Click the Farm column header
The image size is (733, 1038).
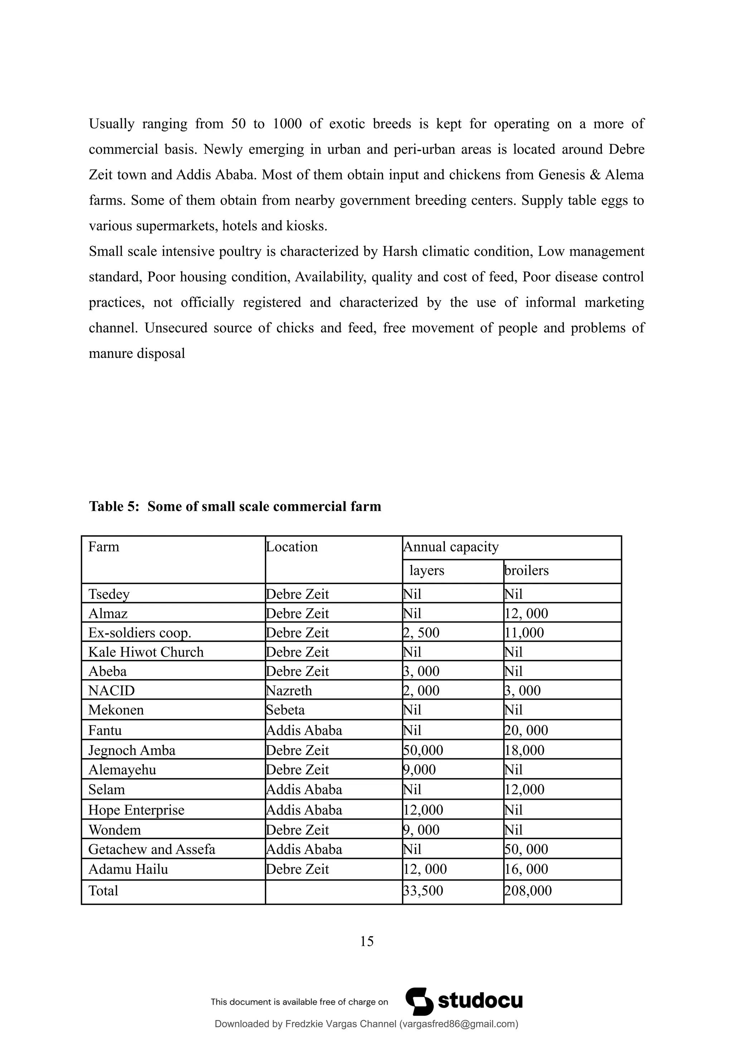point(104,547)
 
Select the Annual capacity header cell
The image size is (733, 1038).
point(451,547)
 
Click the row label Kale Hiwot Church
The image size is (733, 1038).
point(146,652)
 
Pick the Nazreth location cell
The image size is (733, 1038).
point(289,691)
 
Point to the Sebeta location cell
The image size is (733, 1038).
point(285,710)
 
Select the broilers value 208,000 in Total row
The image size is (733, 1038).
point(528,891)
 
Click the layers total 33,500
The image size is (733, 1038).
point(423,891)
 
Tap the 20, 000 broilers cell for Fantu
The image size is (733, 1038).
point(526,731)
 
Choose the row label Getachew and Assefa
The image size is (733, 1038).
point(152,850)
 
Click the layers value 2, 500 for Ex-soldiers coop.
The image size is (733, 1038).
point(421,633)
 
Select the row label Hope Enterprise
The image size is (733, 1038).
point(136,810)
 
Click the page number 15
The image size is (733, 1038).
point(367,941)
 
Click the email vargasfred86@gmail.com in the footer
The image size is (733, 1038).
point(459,1024)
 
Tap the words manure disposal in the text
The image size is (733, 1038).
point(137,354)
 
